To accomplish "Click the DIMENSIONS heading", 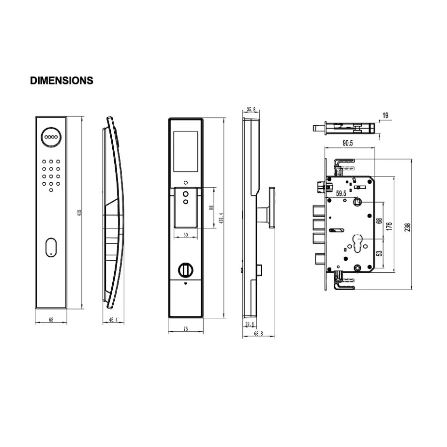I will tap(62, 80).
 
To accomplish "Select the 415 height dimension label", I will tap(79, 213).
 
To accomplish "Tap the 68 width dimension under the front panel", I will tap(51, 320).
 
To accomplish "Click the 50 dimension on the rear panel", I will tap(185, 235).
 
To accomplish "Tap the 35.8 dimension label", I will tap(251, 110).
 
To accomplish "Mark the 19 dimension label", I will tap(385, 116).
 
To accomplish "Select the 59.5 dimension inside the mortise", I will tap(342, 194).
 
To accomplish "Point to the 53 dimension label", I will tap(379, 253).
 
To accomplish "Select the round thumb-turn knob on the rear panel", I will tap(185, 270).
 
